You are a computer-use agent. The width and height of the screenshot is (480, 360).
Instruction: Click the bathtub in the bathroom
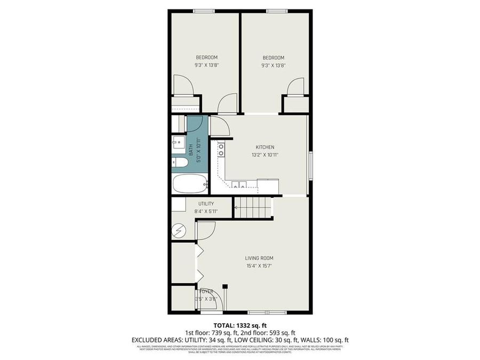(190, 184)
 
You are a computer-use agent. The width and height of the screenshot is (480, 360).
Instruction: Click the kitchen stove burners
(221, 150)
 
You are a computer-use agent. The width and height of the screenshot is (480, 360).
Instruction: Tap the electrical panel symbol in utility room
(178, 230)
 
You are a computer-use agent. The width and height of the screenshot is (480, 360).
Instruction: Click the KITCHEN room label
(265, 147)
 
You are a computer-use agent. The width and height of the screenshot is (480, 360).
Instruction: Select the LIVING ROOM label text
(259, 258)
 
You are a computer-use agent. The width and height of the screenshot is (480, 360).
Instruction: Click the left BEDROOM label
(206, 57)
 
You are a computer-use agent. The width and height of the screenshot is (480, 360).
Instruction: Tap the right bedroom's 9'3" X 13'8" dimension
(273, 65)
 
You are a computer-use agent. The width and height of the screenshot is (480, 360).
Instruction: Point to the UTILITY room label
(206, 204)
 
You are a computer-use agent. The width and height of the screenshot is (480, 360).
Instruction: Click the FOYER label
(206, 291)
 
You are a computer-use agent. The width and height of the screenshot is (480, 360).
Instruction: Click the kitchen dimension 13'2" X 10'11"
(265, 155)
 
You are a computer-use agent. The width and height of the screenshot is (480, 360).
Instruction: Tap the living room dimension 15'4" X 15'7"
(259, 266)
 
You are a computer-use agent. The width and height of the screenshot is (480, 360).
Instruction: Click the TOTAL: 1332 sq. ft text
(239, 325)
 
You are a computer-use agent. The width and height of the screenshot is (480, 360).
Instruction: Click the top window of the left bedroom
(204, 11)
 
